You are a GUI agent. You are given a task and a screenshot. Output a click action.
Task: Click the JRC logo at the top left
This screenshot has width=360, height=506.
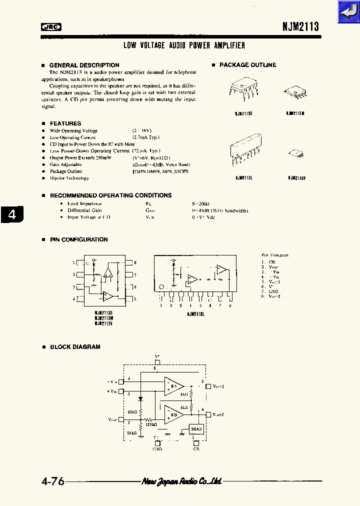[50, 28]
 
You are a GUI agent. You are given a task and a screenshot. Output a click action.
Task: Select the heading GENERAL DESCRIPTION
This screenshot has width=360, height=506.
[84, 65]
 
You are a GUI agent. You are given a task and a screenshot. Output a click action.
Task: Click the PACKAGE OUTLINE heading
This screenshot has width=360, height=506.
[247, 65]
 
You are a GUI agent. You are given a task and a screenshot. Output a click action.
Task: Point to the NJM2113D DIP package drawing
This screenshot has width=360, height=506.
[243, 90]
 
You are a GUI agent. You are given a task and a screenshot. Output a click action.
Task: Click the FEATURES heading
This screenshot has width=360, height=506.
[65, 123]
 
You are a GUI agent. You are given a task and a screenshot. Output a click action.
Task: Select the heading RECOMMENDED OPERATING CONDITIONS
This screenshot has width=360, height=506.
[110, 195]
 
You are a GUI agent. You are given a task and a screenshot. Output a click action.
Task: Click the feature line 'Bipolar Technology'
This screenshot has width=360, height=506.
[69, 178]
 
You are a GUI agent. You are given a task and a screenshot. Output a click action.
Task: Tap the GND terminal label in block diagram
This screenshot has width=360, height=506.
[157, 449]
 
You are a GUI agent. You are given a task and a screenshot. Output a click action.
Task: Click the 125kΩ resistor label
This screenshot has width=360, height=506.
[151, 424]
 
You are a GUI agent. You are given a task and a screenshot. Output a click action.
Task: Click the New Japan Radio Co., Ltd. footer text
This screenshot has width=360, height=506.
[182, 481]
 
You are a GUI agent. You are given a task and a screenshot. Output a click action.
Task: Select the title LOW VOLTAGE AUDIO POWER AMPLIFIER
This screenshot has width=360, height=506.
[184, 45]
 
